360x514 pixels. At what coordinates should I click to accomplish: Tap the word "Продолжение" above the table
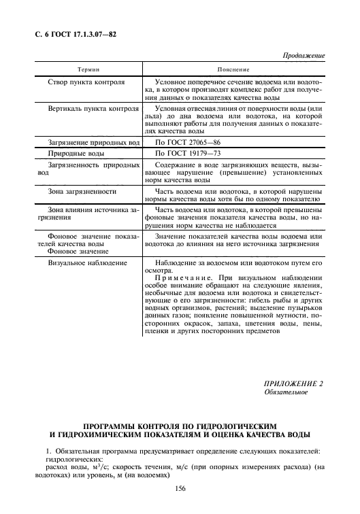point(303,55)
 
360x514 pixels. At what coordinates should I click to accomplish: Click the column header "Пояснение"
point(233,69)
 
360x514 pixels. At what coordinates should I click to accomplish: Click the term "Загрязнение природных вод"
point(94,141)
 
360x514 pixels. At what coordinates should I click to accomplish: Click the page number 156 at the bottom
point(180,489)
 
